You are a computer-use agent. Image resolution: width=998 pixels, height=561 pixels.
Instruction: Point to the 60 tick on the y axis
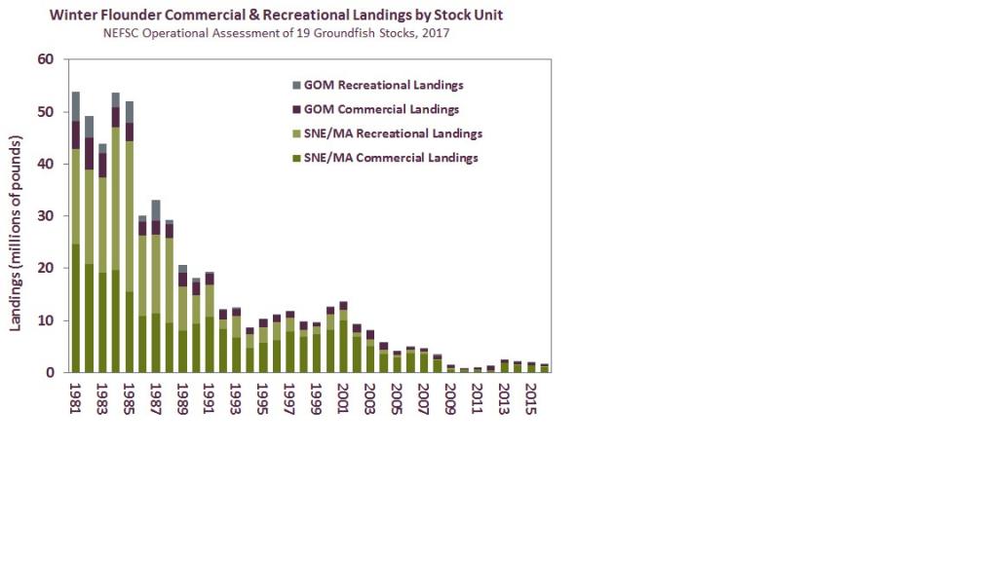46,59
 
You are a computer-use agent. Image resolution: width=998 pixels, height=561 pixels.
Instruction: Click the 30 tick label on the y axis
46,216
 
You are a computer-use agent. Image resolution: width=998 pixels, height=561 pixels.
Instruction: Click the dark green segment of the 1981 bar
76,308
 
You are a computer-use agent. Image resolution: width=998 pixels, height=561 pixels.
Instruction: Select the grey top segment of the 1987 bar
156,209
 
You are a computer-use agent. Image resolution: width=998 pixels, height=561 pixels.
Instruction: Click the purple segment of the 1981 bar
76,134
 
